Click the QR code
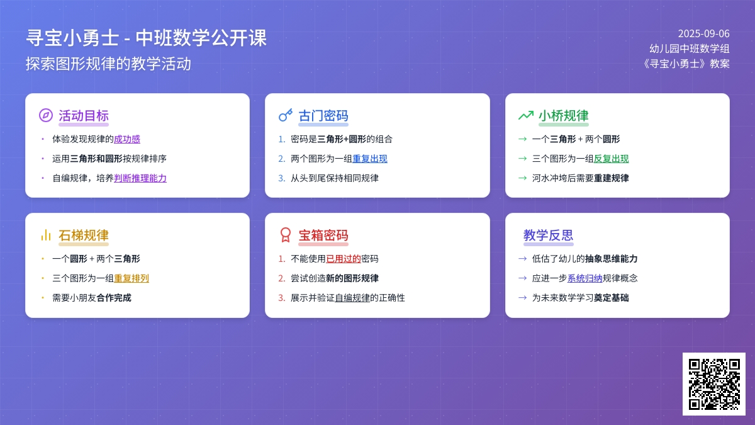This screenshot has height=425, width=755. point(714,384)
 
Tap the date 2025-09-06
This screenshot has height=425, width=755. point(704,34)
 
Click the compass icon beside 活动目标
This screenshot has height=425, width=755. point(46,115)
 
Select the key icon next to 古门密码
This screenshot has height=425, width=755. point(286,115)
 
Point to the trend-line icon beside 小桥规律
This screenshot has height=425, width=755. point(526,115)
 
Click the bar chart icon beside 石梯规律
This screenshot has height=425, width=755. point(46,235)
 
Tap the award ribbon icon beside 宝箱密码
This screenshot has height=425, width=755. point(286,235)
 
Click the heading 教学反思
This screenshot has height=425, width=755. point(548,235)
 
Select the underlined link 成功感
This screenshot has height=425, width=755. point(126,139)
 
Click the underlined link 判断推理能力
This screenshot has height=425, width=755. point(140,178)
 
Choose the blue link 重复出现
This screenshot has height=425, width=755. point(370,159)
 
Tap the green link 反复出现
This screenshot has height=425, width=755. point(611,159)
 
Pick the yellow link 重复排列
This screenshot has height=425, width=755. point(131,278)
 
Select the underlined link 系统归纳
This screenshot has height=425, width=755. point(584,278)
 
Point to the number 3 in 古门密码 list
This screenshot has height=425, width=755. point(281,178)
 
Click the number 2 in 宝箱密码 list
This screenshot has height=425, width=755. point(281,278)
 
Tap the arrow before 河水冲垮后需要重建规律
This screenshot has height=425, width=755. point(522,178)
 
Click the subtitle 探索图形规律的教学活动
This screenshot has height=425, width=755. point(108,64)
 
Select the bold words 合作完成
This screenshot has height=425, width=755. point(114,298)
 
